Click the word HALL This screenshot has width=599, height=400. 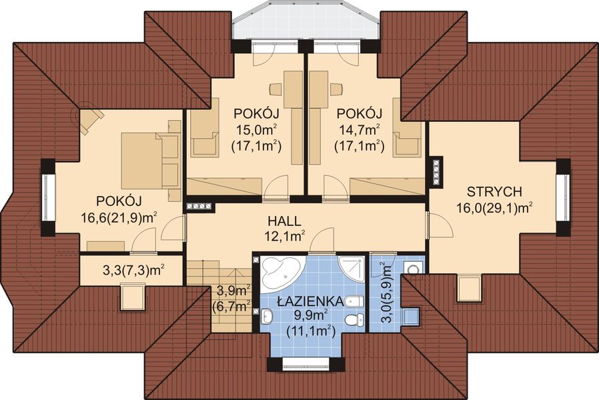(284, 221)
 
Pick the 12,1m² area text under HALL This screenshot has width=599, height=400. (284, 235)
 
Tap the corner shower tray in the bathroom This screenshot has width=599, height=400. (352, 268)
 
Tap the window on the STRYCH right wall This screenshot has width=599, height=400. (564, 197)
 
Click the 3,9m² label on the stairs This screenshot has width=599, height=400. (234, 291)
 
